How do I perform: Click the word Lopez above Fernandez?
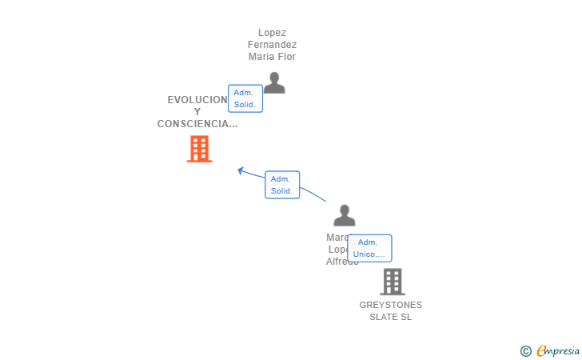pos(272,33)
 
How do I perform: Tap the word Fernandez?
pos(272,45)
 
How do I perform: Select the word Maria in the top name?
pos(261,57)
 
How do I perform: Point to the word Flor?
pos(286,57)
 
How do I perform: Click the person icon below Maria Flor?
pos(274,83)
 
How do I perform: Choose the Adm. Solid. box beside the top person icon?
pos(245,98)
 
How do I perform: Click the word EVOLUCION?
pos(197,100)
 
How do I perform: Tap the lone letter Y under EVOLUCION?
pos(197,112)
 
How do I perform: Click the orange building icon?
pos(199,149)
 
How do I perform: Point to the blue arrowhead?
pos(241,170)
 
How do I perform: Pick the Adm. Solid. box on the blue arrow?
pos(281,185)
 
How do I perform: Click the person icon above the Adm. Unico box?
pos(345,215)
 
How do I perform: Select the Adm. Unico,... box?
pos(369,248)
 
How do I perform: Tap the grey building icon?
pos(392,282)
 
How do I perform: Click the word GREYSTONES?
pos(390,305)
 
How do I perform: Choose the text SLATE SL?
pos(390,317)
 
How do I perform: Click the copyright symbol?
pos(525,350)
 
